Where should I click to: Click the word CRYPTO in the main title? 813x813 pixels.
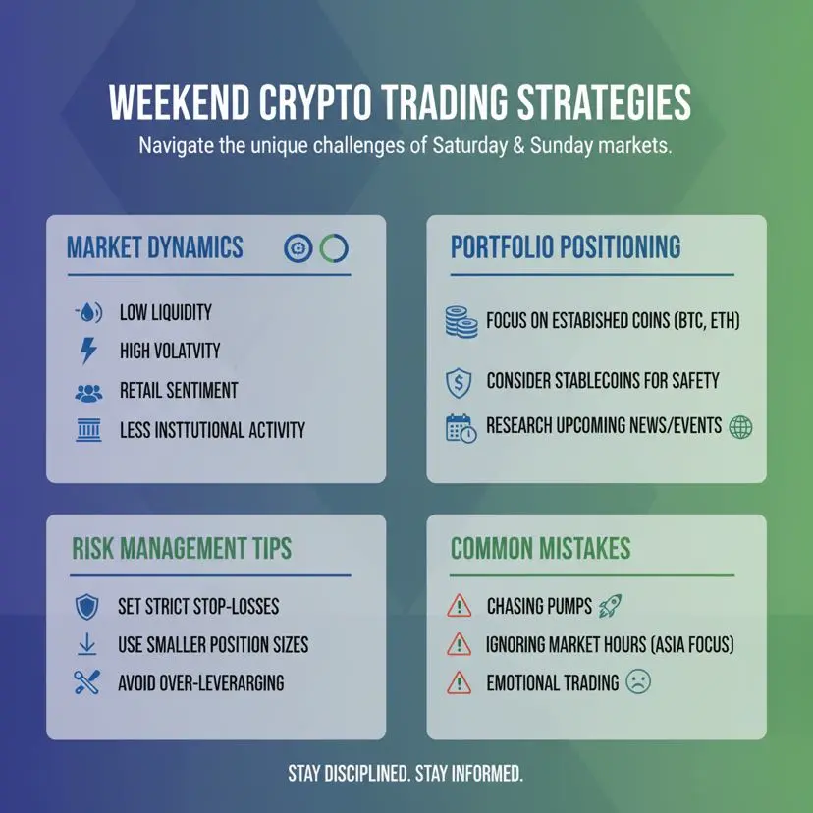(315, 102)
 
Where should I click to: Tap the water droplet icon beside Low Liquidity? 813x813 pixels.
(88, 312)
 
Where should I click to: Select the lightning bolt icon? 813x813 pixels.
(88, 351)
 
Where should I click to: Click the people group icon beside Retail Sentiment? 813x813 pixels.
(88, 393)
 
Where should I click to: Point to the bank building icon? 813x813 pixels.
(88, 430)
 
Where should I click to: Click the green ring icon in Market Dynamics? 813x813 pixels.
(334, 247)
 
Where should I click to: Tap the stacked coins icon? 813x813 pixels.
(461, 322)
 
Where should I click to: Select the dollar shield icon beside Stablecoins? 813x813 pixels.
(459, 383)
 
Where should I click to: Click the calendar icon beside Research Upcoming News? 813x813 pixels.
(461, 428)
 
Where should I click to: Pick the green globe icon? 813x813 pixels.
(740, 427)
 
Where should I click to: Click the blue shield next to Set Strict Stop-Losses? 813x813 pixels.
(87, 606)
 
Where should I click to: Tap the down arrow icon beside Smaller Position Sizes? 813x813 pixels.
(87, 644)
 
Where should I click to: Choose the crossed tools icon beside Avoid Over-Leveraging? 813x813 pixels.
(87, 682)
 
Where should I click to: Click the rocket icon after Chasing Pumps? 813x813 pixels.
(611, 606)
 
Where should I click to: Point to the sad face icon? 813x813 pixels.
(638, 681)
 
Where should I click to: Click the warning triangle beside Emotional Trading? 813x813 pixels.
(459, 682)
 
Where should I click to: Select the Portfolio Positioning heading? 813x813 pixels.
(566, 246)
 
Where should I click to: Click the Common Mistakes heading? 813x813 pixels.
(540, 549)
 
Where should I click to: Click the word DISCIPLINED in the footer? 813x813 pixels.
(367, 773)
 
